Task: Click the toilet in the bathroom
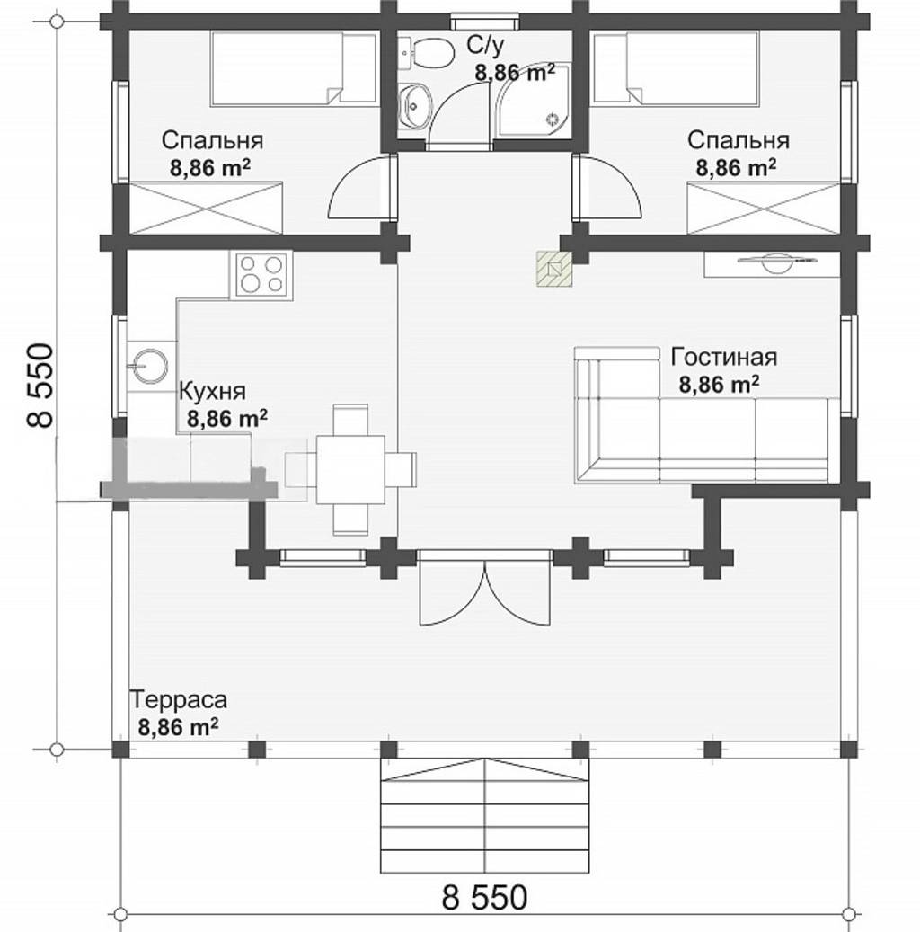pyautogui.click(x=427, y=54)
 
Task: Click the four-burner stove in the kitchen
pyautogui.click(x=261, y=274)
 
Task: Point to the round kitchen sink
pyautogui.click(x=151, y=364)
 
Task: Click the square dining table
pyautogui.click(x=350, y=469)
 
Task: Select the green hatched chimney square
pyautogui.click(x=554, y=269)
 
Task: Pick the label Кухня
pyautogui.click(x=212, y=392)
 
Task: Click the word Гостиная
pyautogui.click(x=724, y=357)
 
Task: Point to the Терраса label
pyautogui.click(x=178, y=699)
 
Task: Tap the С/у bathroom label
pyautogui.click(x=485, y=45)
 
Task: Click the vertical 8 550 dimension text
pyautogui.click(x=40, y=386)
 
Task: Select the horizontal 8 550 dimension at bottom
pyautogui.click(x=484, y=898)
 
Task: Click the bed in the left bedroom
pyautogui.click(x=294, y=69)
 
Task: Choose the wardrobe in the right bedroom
pyautogui.click(x=764, y=209)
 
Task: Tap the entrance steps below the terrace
pyautogui.click(x=485, y=815)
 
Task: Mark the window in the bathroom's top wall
pyautogui.click(x=484, y=22)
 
